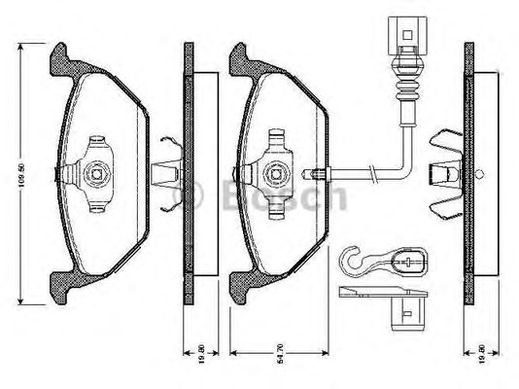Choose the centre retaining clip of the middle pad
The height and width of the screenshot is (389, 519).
tap(275, 171)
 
